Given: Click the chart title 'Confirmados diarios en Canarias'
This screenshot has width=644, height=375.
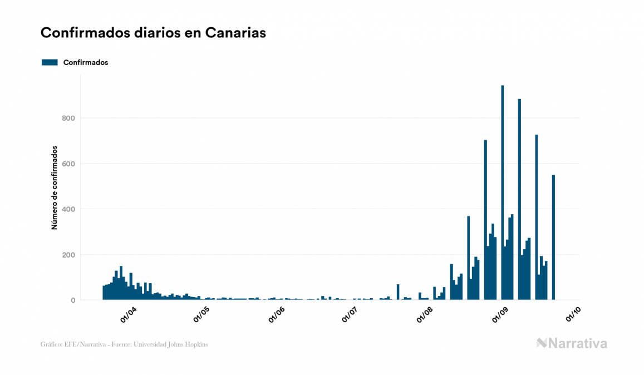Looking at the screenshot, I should (153, 33).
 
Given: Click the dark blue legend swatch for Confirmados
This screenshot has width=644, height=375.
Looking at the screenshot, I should (50, 62).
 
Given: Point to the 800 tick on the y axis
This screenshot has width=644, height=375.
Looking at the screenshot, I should (67, 118).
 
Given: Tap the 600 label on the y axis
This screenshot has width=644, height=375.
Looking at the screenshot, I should (67, 164).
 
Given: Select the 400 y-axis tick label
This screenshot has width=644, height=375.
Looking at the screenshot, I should (67, 209).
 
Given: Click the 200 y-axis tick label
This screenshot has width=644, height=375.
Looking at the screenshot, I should (67, 255).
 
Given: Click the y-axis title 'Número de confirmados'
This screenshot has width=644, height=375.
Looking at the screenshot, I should (55, 187).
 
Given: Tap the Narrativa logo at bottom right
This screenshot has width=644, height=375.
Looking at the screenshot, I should (572, 343).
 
